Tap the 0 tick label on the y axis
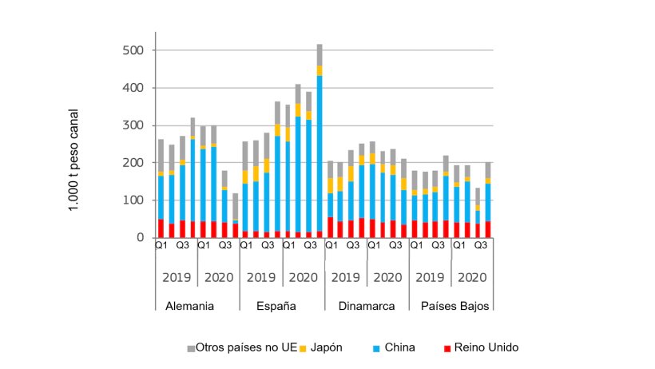point(139,237)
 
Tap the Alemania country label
point(190,306)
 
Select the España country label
point(277,306)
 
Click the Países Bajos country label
point(451,306)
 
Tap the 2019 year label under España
point(261,278)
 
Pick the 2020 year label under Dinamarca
point(387,278)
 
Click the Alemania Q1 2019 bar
point(161,188)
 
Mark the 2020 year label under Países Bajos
point(472,278)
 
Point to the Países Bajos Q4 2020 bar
point(487,200)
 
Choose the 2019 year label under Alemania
point(177,278)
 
